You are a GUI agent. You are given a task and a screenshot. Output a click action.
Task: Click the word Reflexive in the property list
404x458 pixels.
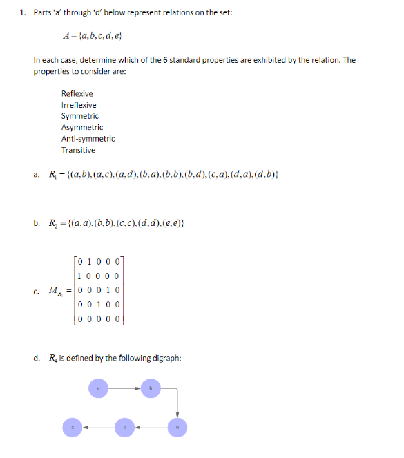[77, 93]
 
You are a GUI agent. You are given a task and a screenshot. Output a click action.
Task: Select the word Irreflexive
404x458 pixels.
[79, 105]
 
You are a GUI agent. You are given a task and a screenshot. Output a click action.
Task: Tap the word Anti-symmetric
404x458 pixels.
[88, 139]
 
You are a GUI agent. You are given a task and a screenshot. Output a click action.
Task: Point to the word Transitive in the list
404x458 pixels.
[78, 150]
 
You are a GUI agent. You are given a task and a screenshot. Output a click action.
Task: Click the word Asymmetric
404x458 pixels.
[81, 127]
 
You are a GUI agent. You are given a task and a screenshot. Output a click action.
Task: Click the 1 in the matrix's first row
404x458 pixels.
[91, 263]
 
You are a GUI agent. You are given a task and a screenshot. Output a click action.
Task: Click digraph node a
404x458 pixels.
[97, 389]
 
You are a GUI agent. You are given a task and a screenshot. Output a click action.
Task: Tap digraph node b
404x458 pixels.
[150, 389]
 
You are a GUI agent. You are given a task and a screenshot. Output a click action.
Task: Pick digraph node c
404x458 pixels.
[72, 428]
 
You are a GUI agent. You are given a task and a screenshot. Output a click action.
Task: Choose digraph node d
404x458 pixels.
[124, 428]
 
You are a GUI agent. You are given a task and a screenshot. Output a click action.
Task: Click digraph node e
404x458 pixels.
[177, 428]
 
